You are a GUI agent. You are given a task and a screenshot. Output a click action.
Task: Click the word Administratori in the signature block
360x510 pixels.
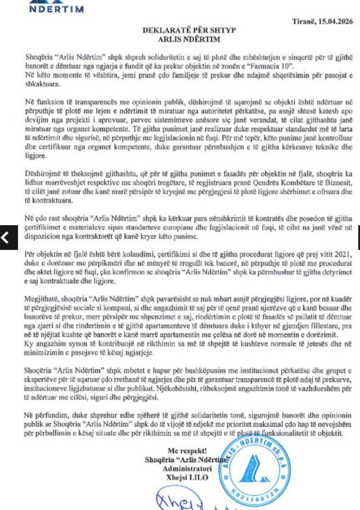187,468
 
